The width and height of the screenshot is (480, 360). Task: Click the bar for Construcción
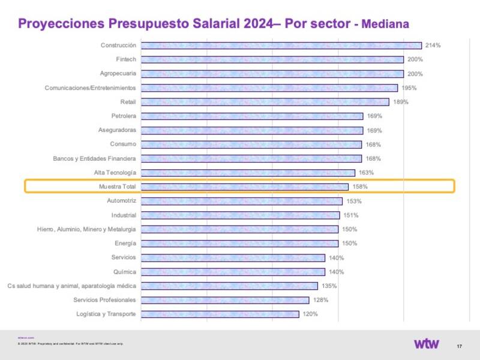281,46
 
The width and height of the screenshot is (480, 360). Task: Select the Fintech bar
272,59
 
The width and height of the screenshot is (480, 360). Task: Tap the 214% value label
433,46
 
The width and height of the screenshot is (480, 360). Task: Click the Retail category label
128,102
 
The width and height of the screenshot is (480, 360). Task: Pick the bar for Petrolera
251,116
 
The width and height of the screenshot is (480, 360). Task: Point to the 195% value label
409,88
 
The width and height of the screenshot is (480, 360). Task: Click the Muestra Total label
118,187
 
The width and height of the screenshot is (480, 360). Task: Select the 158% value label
360,187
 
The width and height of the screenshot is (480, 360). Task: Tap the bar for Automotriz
241,201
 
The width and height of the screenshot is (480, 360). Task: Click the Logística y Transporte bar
220,314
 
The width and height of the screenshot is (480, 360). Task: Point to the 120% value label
310,314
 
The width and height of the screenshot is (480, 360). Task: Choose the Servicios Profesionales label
104,300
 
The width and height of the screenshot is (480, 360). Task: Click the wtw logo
427,344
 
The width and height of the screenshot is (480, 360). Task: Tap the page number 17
459,347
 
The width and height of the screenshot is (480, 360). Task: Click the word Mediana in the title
386,25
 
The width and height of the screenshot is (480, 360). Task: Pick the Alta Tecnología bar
248,173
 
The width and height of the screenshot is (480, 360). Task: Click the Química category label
124,272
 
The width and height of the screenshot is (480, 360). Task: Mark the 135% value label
329,286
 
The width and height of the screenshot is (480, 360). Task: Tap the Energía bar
239,244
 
